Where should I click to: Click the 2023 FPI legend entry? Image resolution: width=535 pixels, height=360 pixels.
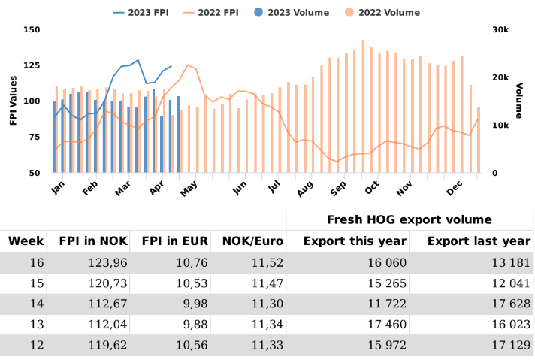143,12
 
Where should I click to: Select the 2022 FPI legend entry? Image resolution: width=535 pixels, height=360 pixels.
228,12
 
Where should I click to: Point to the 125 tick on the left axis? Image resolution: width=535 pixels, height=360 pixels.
31,65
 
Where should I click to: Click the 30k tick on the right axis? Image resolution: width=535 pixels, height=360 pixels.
500,29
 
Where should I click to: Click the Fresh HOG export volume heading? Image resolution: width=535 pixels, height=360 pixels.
410,219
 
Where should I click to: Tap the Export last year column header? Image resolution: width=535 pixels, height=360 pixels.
479,241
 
